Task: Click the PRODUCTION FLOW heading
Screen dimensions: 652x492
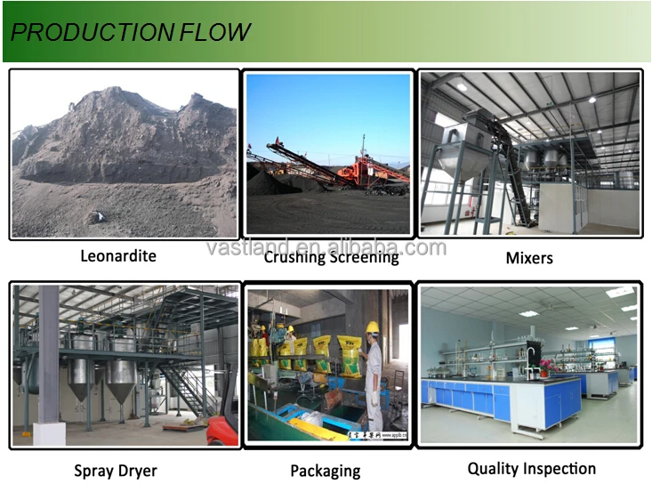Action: [x=130, y=32]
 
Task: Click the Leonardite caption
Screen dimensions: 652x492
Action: [x=118, y=255]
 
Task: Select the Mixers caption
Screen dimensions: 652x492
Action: [x=529, y=258]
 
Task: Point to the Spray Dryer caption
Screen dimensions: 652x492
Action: [x=116, y=471]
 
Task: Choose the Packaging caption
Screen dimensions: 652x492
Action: [x=326, y=472]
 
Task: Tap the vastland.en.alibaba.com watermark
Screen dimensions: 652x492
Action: [x=326, y=248]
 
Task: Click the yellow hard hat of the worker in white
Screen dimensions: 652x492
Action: [x=372, y=327]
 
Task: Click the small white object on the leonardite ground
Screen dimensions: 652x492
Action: [x=100, y=215]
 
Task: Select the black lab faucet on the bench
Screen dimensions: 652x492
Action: [x=530, y=363]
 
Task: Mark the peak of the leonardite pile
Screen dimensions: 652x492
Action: [x=115, y=88]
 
